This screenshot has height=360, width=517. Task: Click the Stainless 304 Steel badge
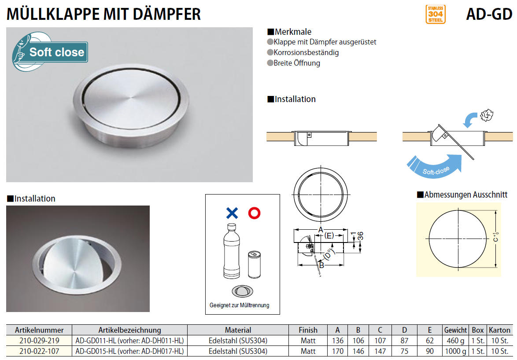(435, 14)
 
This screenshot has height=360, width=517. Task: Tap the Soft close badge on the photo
(50, 51)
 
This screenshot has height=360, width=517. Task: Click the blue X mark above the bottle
(232, 213)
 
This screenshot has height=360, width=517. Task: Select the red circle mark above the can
(254, 213)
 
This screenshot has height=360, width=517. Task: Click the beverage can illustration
(254, 264)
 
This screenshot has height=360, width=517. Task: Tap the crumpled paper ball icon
(486, 115)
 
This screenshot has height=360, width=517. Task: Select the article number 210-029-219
(39, 341)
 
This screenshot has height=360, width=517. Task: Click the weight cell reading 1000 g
(455, 351)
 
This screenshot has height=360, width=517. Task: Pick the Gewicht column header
(455, 330)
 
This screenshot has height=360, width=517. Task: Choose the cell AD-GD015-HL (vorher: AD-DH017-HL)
(129, 351)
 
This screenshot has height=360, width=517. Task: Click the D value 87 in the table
(404, 341)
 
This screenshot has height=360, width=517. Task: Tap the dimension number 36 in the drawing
(360, 236)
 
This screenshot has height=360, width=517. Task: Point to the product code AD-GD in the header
(489, 14)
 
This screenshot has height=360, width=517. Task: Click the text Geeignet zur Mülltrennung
(240, 305)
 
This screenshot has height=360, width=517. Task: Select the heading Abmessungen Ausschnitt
(465, 195)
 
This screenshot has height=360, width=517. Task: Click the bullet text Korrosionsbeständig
(306, 52)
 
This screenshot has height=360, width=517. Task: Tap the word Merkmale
(293, 32)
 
